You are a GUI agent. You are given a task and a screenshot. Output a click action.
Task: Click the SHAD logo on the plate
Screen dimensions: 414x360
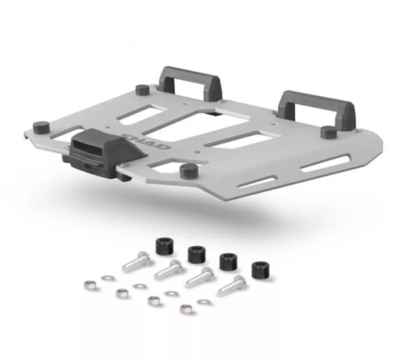(x=146, y=141)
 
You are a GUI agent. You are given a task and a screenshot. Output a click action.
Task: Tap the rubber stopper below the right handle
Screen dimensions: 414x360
(x=329, y=132)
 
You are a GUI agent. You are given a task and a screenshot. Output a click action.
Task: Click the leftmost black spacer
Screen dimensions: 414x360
(x=164, y=246)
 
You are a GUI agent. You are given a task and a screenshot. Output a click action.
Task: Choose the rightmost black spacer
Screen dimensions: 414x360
(x=260, y=270)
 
